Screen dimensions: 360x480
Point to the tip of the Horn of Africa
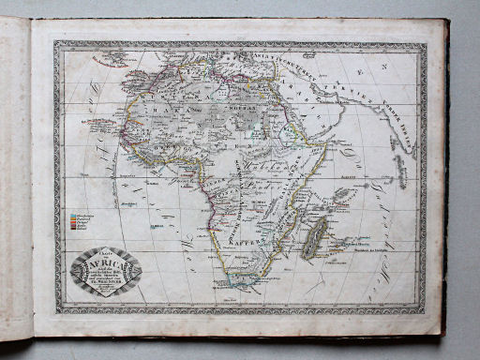tap(329, 142)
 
